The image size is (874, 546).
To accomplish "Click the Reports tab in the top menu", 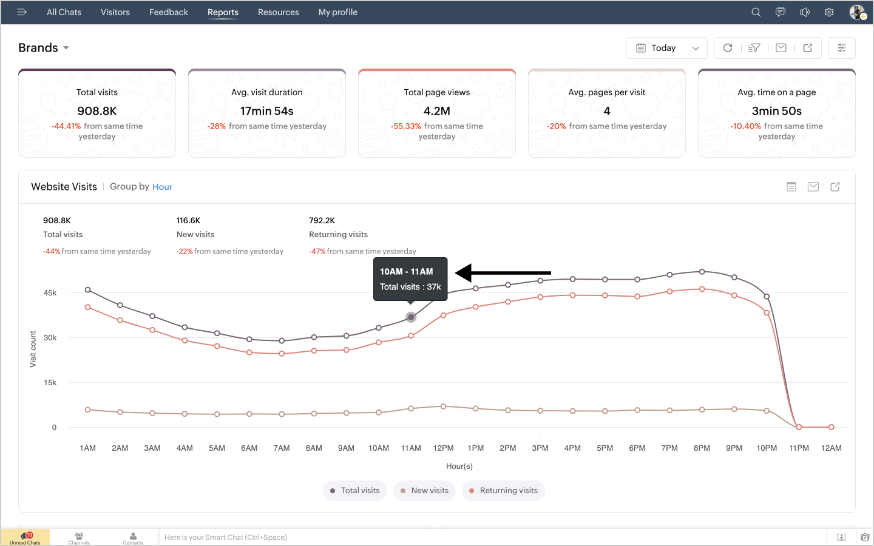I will pyautogui.click(x=223, y=12).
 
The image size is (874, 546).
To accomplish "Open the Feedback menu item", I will pyautogui.click(x=169, y=12).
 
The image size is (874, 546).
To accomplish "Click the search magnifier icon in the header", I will pyautogui.click(x=756, y=12).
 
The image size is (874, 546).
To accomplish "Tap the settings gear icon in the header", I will pyautogui.click(x=829, y=12).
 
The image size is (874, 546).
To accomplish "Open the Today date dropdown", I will pyautogui.click(x=666, y=48).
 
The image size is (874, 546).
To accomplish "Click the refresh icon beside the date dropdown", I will pyautogui.click(x=728, y=48).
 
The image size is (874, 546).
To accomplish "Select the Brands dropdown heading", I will pyautogui.click(x=44, y=48).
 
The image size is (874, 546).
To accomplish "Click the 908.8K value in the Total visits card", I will pyautogui.click(x=97, y=111).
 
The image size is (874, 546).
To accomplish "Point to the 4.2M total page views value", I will pyautogui.click(x=437, y=111).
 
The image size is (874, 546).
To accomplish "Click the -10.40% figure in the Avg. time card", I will pyautogui.click(x=745, y=126).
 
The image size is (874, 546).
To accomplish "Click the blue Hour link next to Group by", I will pyautogui.click(x=162, y=187).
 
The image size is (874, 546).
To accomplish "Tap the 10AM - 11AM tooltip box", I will pyautogui.click(x=410, y=279).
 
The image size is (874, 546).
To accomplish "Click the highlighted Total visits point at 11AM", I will pyautogui.click(x=411, y=317).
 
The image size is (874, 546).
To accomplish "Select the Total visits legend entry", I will pyautogui.click(x=355, y=491).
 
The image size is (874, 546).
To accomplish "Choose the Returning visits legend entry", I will pyautogui.click(x=503, y=491).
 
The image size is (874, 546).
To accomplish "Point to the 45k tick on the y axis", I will pyautogui.click(x=50, y=293).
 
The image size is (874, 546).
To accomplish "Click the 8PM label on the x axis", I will pyautogui.click(x=702, y=448).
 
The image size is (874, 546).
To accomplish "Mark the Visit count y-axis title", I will pyautogui.click(x=33, y=349).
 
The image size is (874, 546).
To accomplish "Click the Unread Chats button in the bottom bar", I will pyautogui.click(x=25, y=538).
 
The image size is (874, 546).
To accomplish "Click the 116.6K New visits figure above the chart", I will pyautogui.click(x=188, y=221).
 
